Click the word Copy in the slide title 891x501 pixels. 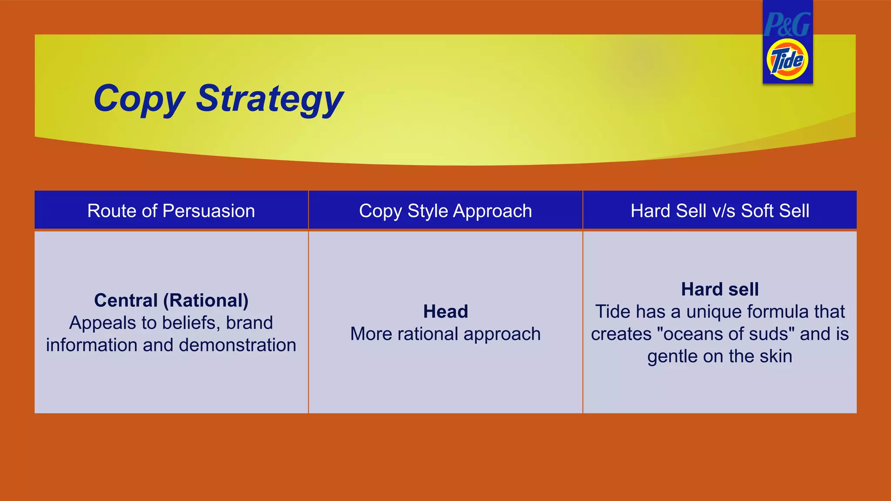click(x=139, y=99)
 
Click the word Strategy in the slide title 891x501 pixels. click(x=270, y=99)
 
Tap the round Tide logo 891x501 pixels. click(x=787, y=60)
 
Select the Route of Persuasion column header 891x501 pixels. click(x=171, y=211)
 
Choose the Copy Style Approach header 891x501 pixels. click(x=445, y=211)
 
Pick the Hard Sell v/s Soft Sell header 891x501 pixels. click(x=720, y=211)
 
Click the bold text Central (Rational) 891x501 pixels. click(x=171, y=301)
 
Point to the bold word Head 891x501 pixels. click(x=445, y=311)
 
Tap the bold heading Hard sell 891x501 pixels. click(x=720, y=289)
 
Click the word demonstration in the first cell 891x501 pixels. click(x=238, y=345)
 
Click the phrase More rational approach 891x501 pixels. click(x=445, y=334)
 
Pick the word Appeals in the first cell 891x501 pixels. click(x=103, y=323)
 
